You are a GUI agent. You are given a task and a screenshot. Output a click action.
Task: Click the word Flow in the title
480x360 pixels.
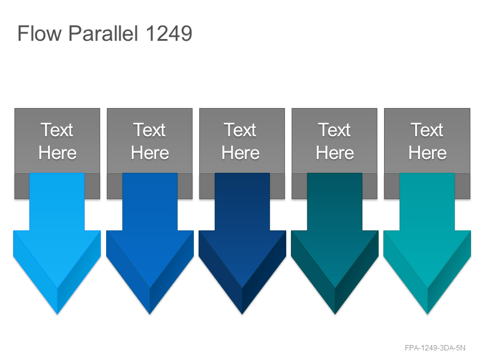click(x=40, y=33)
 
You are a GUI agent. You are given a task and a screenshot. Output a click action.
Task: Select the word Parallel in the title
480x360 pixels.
click(x=103, y=33)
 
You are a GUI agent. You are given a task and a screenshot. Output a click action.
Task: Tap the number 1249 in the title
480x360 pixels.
click(x=169, y=33)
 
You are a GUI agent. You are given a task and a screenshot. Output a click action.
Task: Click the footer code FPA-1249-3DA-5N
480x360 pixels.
click(x=434, y=348)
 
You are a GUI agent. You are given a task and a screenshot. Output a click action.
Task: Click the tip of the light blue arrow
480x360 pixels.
click(x=57, y=314)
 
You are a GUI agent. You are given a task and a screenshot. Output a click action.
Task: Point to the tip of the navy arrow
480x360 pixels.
click(x=242, y=314)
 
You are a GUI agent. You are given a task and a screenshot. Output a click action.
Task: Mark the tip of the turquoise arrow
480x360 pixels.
click(x=427, y=314)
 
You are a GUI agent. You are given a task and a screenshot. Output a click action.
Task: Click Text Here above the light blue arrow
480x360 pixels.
click(x=57, y=141)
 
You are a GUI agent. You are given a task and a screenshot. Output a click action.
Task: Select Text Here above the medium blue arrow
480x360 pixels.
click(x=149, y=141)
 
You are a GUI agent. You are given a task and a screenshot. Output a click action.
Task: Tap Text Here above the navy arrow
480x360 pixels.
click(x=241, y=141)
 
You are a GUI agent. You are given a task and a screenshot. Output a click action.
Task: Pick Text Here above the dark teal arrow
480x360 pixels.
click(x=335, y=141)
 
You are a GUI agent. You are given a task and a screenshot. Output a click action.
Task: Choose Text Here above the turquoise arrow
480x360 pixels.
click(x=427, y=141)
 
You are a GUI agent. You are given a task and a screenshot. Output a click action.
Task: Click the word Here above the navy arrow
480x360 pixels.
click(x=241, y=153)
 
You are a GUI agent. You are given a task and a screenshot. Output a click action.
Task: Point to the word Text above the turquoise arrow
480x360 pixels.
click(x=427, y=130)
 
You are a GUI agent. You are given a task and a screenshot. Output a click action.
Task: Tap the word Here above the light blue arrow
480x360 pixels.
click(x=57, y=153)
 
